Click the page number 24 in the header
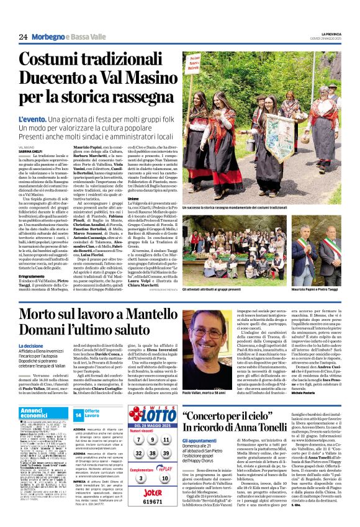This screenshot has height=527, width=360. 23,37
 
